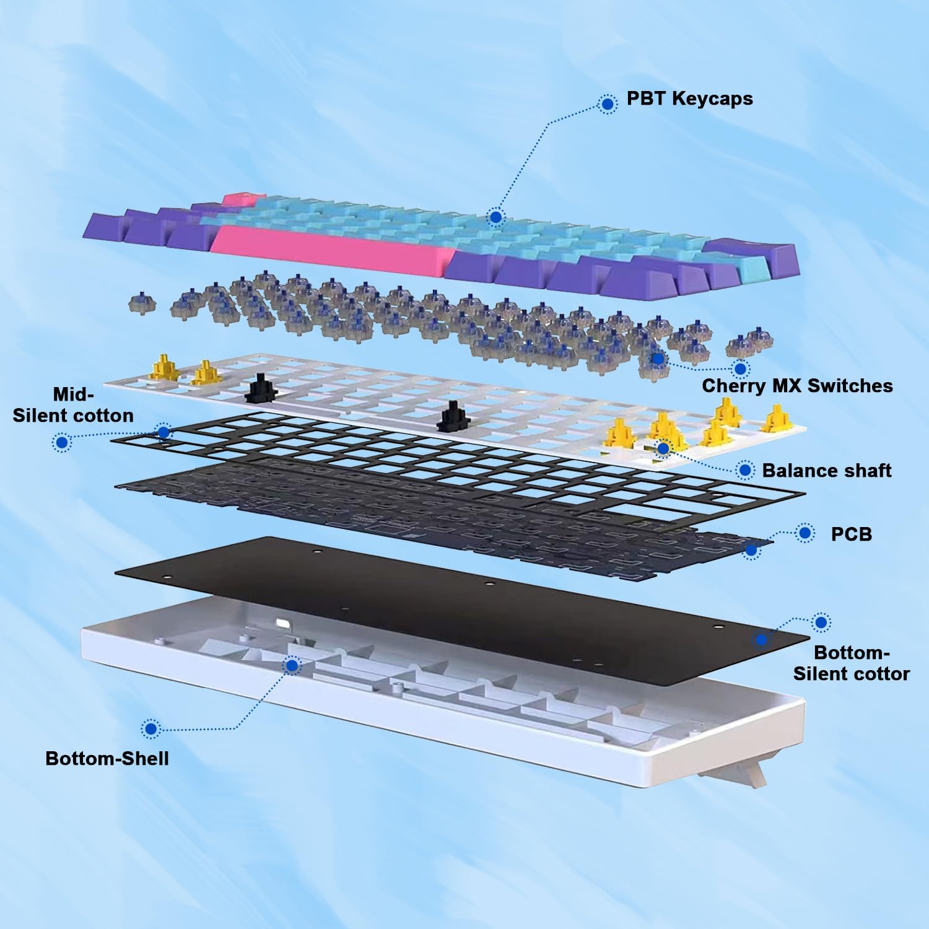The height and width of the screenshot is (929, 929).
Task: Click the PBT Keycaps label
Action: [x=689, y=98]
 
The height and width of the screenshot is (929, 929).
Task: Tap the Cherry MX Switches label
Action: [x=797, y=386]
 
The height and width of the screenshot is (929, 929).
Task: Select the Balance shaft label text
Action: [x=826, y=471]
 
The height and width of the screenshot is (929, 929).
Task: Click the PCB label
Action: [x=851, y=534]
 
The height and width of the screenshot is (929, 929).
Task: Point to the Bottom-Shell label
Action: [x=107, y=759]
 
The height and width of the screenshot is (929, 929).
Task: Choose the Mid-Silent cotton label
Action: [x=73, y=405]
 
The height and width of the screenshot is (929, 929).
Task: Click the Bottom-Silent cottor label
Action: [x=852, y=663]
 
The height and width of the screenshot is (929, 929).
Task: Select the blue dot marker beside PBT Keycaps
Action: [x=608, y=103]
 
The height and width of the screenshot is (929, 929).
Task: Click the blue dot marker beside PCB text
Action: [x=805, y=533]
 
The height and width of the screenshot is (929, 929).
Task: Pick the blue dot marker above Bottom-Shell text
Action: [x=150, y=729]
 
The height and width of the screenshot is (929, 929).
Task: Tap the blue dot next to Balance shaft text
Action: [x=746, y=470]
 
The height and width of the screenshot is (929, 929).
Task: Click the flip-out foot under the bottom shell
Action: [x=731, y=775]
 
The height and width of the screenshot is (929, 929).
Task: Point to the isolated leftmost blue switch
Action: [x=142, y=303]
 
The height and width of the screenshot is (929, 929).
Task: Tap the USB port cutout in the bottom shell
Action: [x=282, y=624]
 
